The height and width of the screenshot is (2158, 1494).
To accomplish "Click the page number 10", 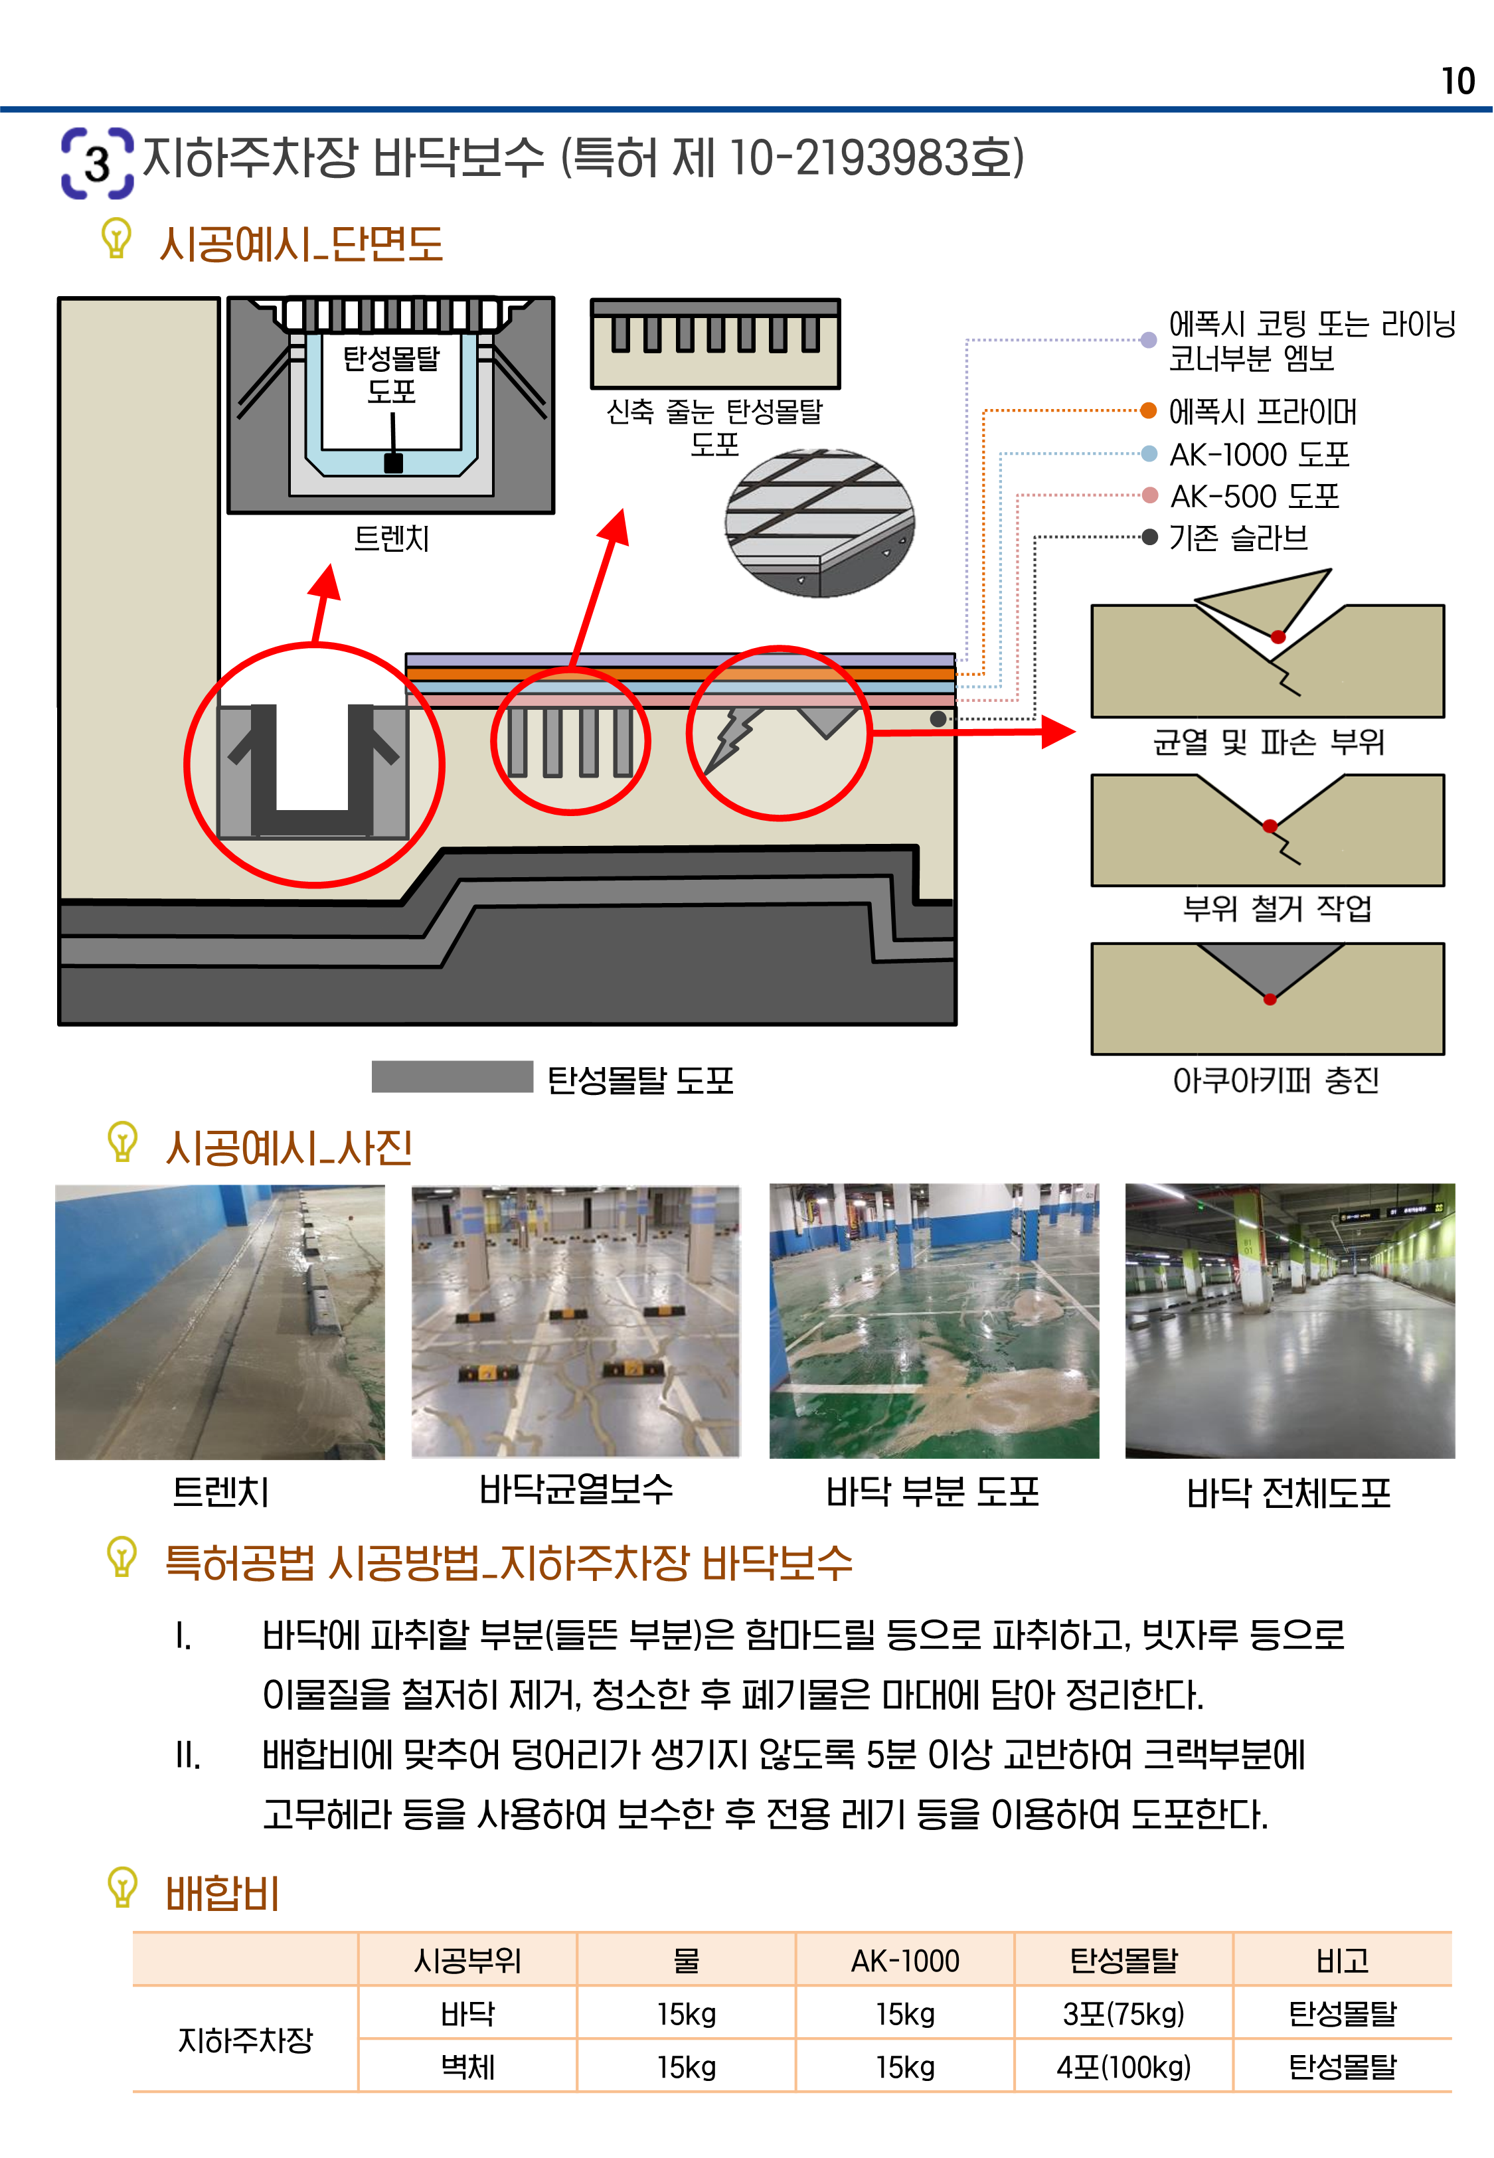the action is [x=1457, y=82].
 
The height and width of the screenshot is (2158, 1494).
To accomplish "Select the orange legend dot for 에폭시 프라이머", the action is [x=1149, y=410].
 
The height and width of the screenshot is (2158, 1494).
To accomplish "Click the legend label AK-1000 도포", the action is [x=1259, y=454].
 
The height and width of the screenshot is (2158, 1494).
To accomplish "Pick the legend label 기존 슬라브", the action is [x=1238, y=537].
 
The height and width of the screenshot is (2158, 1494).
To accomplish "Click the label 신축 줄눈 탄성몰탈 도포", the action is [x=714, y=426].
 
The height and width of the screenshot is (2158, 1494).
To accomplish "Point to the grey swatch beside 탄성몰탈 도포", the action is [x=452, y=1076].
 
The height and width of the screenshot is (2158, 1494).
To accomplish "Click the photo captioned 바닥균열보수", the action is [x=576, y=1321].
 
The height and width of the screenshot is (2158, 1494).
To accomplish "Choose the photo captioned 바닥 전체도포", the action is [x=1290, y=1321].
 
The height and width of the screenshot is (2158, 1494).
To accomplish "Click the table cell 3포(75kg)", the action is [x=1123, y=2013].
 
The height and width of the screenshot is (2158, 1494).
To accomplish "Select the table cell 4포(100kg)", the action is [x=1123, y=2066].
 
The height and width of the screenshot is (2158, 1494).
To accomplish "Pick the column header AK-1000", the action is [x=905, y=1961].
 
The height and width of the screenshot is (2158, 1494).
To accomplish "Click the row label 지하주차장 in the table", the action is [x=245, y=2040].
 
